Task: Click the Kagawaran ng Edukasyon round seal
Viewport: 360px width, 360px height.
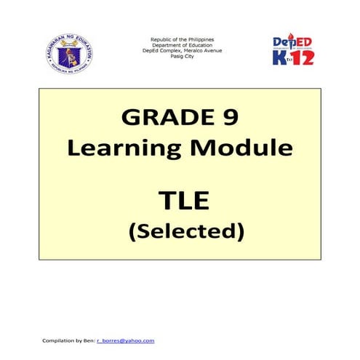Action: tap(70, 54)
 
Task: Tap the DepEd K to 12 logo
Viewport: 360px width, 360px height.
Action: tap(294, 52)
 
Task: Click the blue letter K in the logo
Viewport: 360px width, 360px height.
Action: tap(280, 57)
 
